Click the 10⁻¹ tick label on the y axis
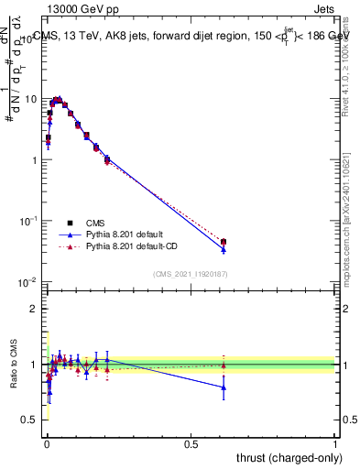[28, 221]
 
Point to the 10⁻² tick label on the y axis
[28, 282]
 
